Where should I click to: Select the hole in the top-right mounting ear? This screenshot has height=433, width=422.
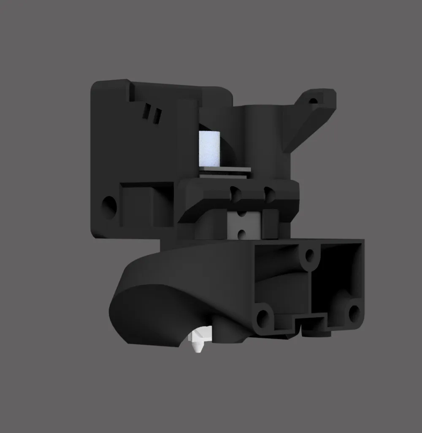313,101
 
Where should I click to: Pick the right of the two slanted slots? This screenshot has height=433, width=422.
157,116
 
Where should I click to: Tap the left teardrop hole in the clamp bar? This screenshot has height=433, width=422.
233,194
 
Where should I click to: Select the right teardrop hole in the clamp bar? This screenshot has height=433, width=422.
268,193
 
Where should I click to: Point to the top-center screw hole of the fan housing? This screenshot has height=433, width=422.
310,255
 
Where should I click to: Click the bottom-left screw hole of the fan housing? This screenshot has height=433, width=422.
263,317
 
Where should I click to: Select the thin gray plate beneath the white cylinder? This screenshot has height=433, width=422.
225,170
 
